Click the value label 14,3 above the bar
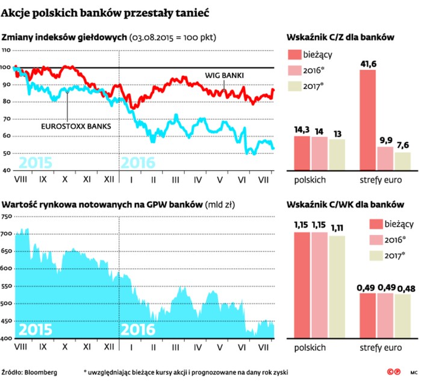pos(302,129)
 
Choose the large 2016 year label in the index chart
pos(138,163)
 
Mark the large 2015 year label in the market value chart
pos(35,330)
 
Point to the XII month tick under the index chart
pos(110,179)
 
